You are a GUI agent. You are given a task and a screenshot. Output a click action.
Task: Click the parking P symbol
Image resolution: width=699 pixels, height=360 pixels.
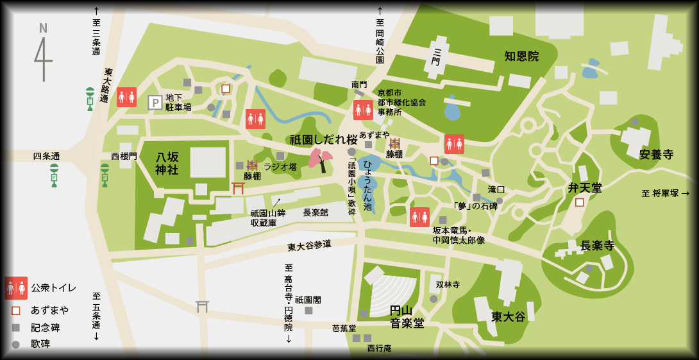(x=155, y=103)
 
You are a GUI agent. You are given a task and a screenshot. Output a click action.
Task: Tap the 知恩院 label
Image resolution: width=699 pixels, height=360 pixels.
(x=521, y=56)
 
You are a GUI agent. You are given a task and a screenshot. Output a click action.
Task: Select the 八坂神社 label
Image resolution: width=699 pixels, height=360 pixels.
(x=167, y=163)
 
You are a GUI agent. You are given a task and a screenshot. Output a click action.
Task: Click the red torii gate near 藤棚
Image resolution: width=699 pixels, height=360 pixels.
(x=238, y=187)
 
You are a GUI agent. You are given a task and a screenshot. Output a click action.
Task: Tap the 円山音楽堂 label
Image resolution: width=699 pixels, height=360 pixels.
(x=407, y=316)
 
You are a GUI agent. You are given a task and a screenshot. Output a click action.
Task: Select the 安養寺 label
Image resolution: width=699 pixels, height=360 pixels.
(x=656, y=155)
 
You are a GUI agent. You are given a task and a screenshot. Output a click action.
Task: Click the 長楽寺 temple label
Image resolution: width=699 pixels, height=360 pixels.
(x=597, y=246)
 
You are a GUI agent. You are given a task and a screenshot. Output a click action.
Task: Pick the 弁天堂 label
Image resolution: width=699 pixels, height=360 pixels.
(x=585, y=188)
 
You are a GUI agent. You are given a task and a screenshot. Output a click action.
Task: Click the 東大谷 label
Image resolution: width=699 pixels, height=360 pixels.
(x=508, y=316)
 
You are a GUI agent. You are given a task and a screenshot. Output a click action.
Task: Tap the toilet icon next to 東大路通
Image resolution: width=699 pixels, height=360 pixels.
(x=126, y=97)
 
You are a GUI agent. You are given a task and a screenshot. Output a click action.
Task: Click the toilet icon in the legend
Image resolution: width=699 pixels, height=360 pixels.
(x=16, y=288)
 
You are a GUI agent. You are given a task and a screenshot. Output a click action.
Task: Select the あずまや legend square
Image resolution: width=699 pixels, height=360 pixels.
(x=16, y=311)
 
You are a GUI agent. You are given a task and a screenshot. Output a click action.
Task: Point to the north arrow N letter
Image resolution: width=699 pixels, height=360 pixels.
(x=43, y=28)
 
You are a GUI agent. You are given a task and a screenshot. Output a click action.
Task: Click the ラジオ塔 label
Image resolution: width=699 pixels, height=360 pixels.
(x=280, y=167)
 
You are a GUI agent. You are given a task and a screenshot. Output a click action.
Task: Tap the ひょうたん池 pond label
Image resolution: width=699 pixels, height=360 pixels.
(x=367, y=185)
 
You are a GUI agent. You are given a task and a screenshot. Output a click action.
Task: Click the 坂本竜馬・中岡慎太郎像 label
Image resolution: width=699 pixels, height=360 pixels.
(x=459, y=236)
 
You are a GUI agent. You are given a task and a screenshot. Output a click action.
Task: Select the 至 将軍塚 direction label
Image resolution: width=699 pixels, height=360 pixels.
(x=665, y=193)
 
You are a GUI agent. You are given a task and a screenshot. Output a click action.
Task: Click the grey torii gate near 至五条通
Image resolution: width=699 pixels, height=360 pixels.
(x=202, y=306)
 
